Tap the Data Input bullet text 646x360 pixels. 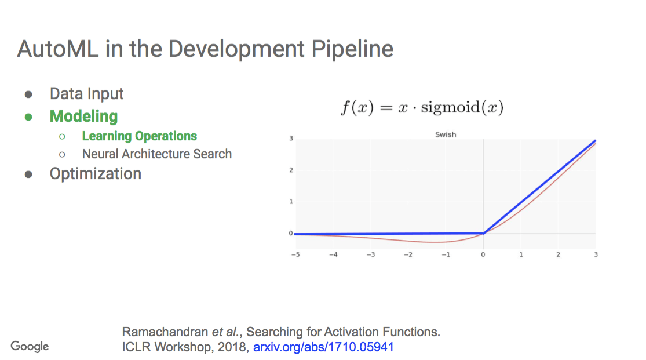click(86, 94)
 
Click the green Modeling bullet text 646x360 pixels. click(83, 116)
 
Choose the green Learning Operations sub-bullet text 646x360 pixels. click(139, 136)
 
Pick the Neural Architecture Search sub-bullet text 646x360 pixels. click(156, 154)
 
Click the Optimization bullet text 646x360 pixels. click(95, 174)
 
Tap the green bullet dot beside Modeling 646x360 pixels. click(28, 117)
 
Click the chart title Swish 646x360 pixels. click(446, 134)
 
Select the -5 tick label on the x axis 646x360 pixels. click(295, 254)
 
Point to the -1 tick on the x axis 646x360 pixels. click(446, 254)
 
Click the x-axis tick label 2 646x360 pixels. click(558, 254)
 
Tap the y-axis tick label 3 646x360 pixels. click(291, 139)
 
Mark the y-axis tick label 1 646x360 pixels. click(291, 202)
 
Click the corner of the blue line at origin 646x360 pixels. click(483, 233)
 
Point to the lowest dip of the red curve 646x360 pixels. click(437, 242)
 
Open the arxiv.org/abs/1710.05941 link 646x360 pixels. click(323, 347)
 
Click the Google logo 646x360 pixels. click(30, 347)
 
